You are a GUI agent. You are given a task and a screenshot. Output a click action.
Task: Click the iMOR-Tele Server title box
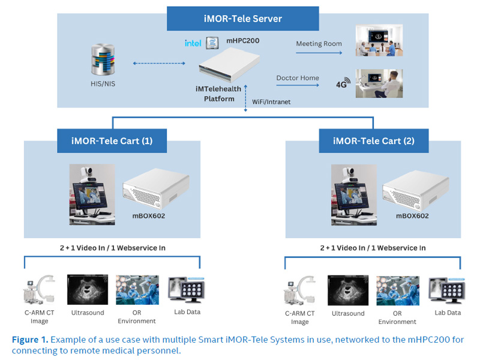pyautogui.click(x=243, y=19)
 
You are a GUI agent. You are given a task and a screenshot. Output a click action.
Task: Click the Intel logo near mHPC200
pyautogui.click(x=193, y=43)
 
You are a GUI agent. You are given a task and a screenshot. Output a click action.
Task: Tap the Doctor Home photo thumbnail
pyautogui.click(x=379, y=83)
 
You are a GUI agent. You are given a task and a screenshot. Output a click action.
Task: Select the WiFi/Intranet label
pyautogui.click(x=271, y=102)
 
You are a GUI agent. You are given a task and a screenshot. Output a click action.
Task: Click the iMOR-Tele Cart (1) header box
pyautogui.click(x=112, y=141)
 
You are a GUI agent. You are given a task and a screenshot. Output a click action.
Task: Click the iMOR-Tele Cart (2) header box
pyautogui.click(x=373, y=141)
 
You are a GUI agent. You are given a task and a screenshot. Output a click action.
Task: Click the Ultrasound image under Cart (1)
pyautogui.click(x=88, y=290)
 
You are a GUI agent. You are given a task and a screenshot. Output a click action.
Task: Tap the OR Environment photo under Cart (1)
pyautogui.click(x=137, y=290)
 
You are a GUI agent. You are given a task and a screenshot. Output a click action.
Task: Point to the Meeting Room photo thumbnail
pyautogui.click(x=379, y=40)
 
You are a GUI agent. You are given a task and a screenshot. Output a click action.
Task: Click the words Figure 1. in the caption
pyautogui.click(x=29, y=340)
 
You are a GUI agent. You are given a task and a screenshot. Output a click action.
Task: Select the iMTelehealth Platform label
pyautogui.click(x=218, y=94)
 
